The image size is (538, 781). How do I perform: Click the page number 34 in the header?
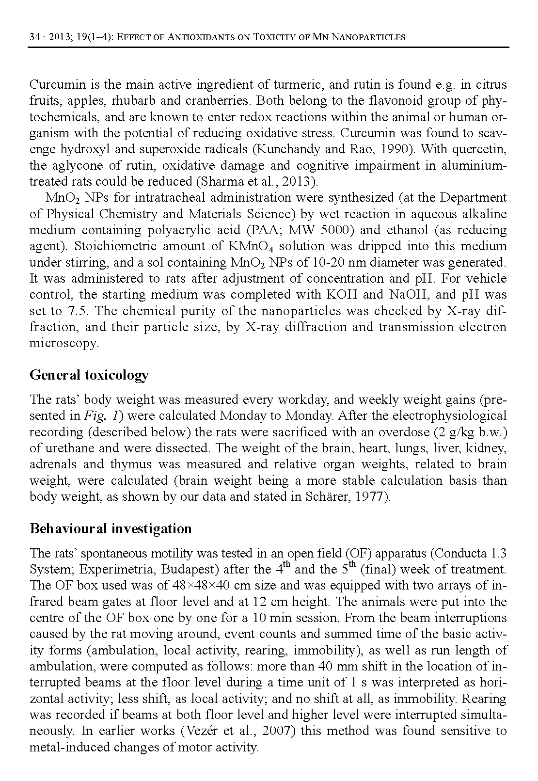point(34,37)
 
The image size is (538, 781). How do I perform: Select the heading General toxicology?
point(89,375)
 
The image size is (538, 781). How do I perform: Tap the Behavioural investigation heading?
point(111,528)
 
